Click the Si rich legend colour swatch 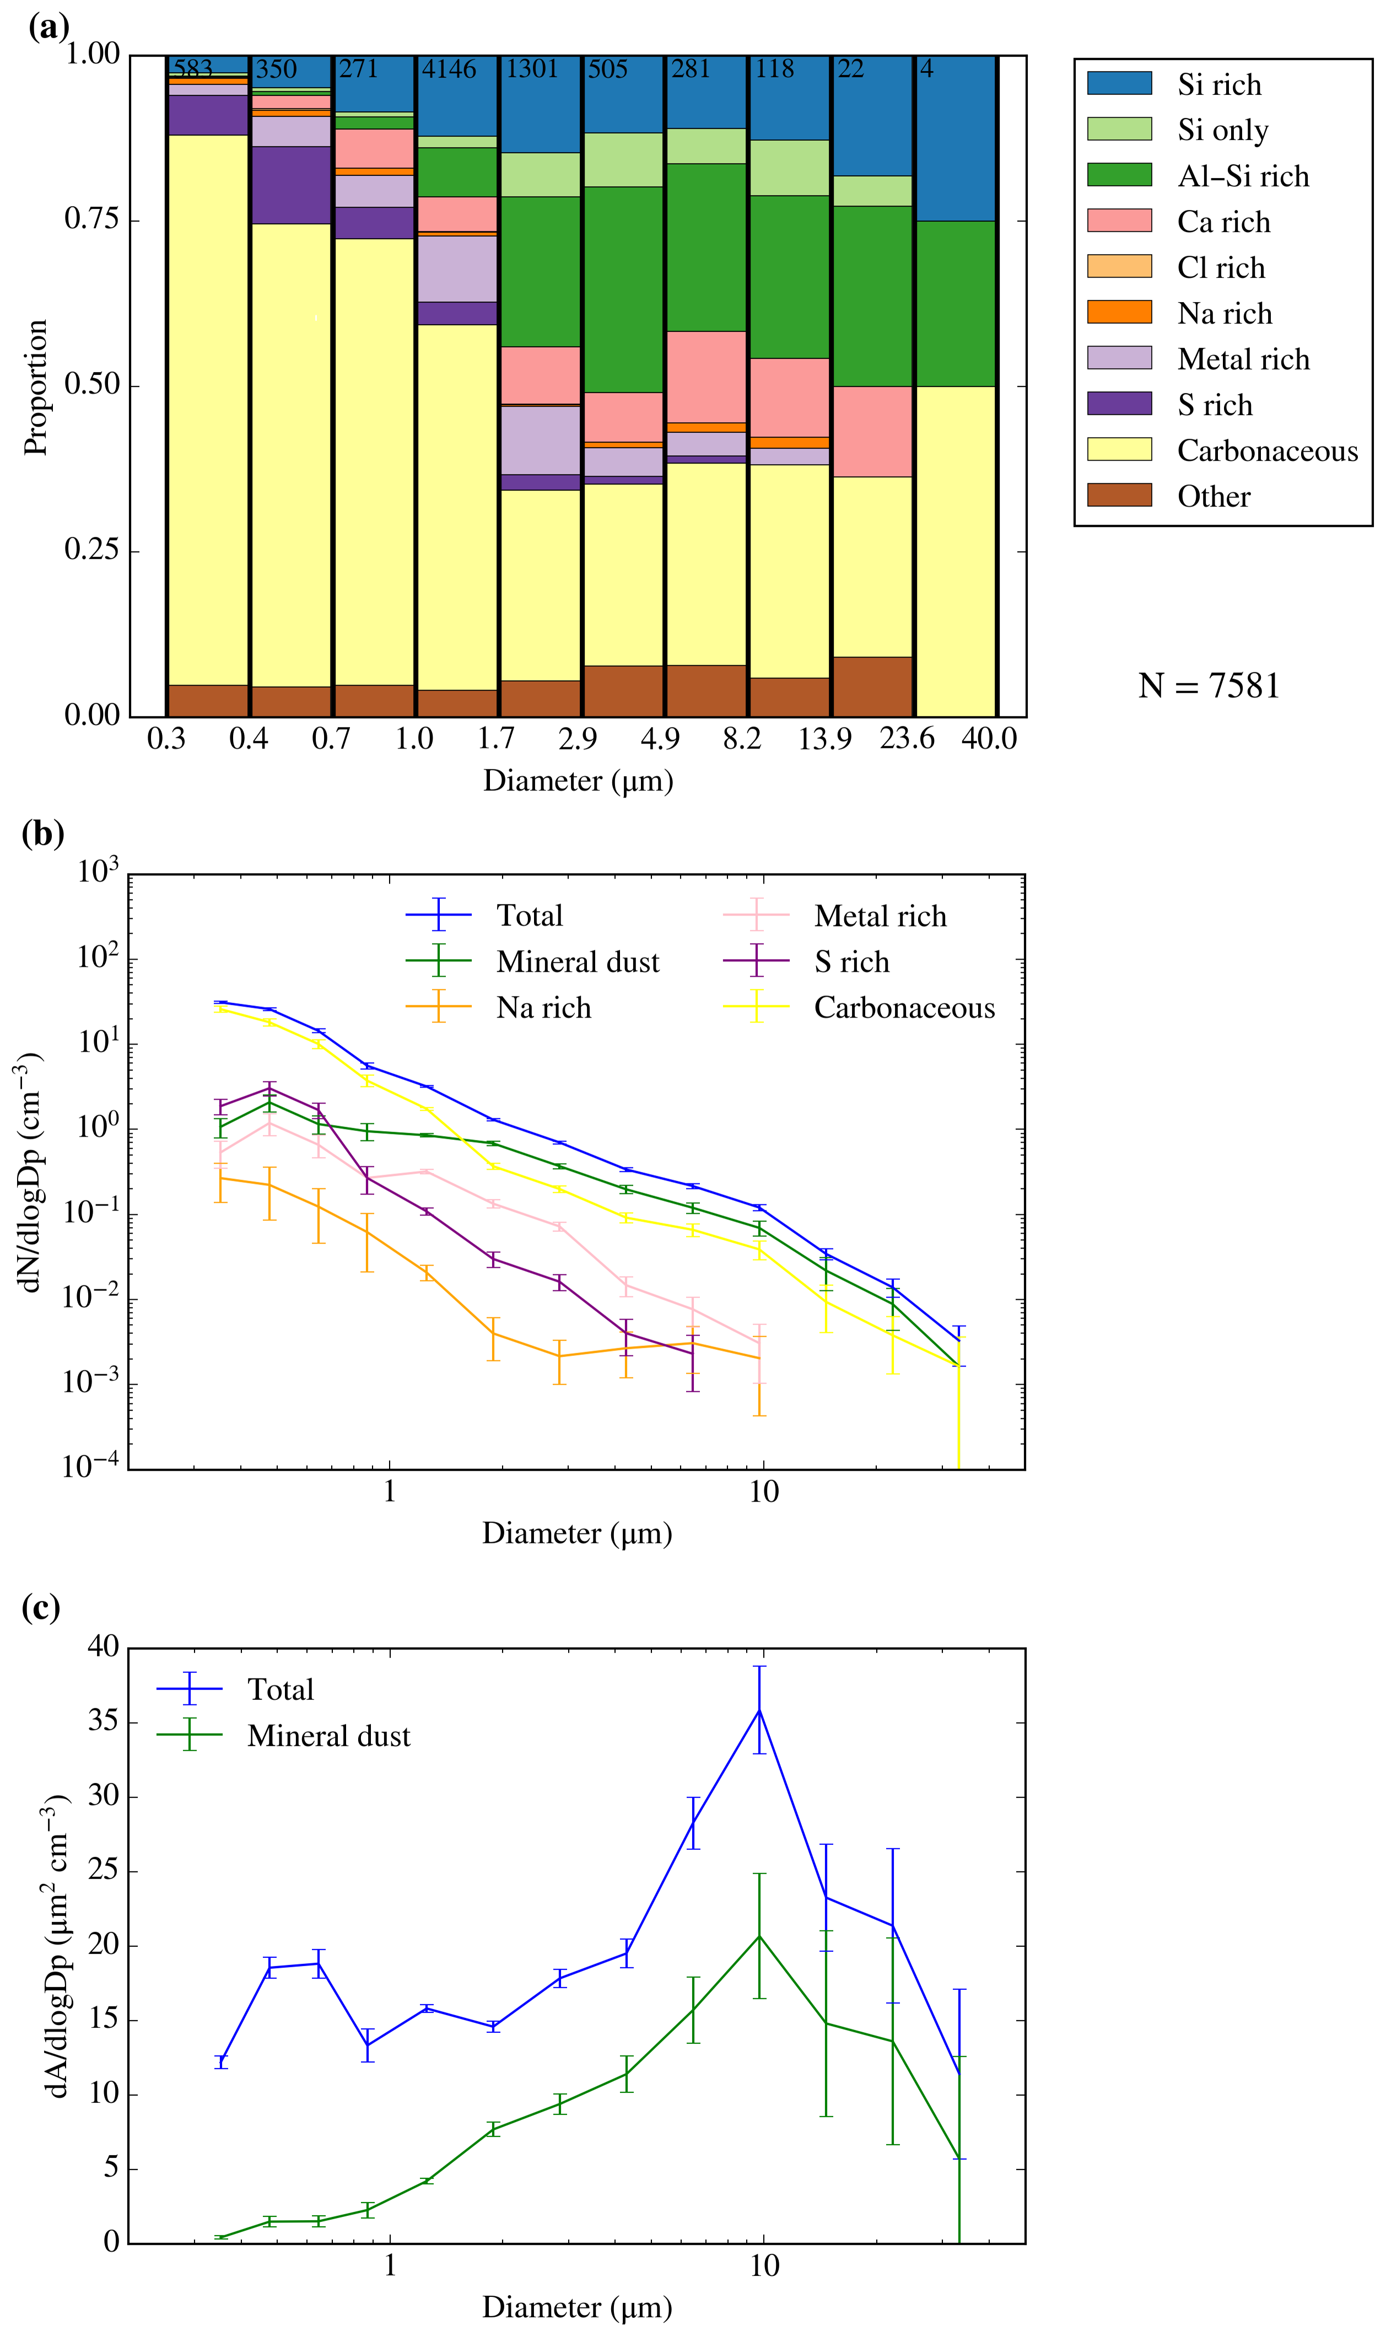[1119, 83]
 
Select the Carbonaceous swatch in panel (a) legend [1119, 449]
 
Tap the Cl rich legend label [1221, 268]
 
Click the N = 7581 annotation [1209, 686]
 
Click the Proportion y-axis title [35, 387]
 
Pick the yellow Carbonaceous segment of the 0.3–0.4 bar [207, 411]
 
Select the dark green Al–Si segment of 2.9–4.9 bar [623, 289]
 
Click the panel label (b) [42, 832]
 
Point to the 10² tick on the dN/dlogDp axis [97, 959]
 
